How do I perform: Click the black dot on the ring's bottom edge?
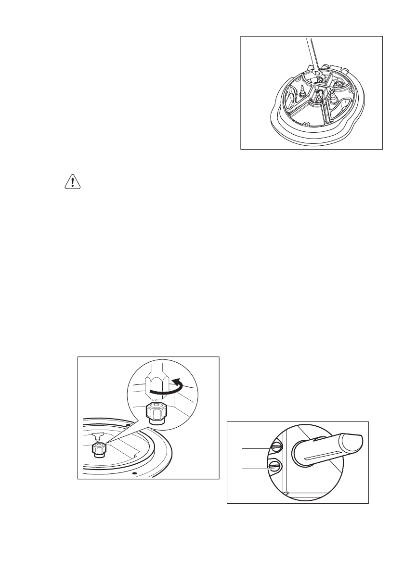click(134, 473)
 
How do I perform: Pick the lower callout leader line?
click(255, 467)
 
